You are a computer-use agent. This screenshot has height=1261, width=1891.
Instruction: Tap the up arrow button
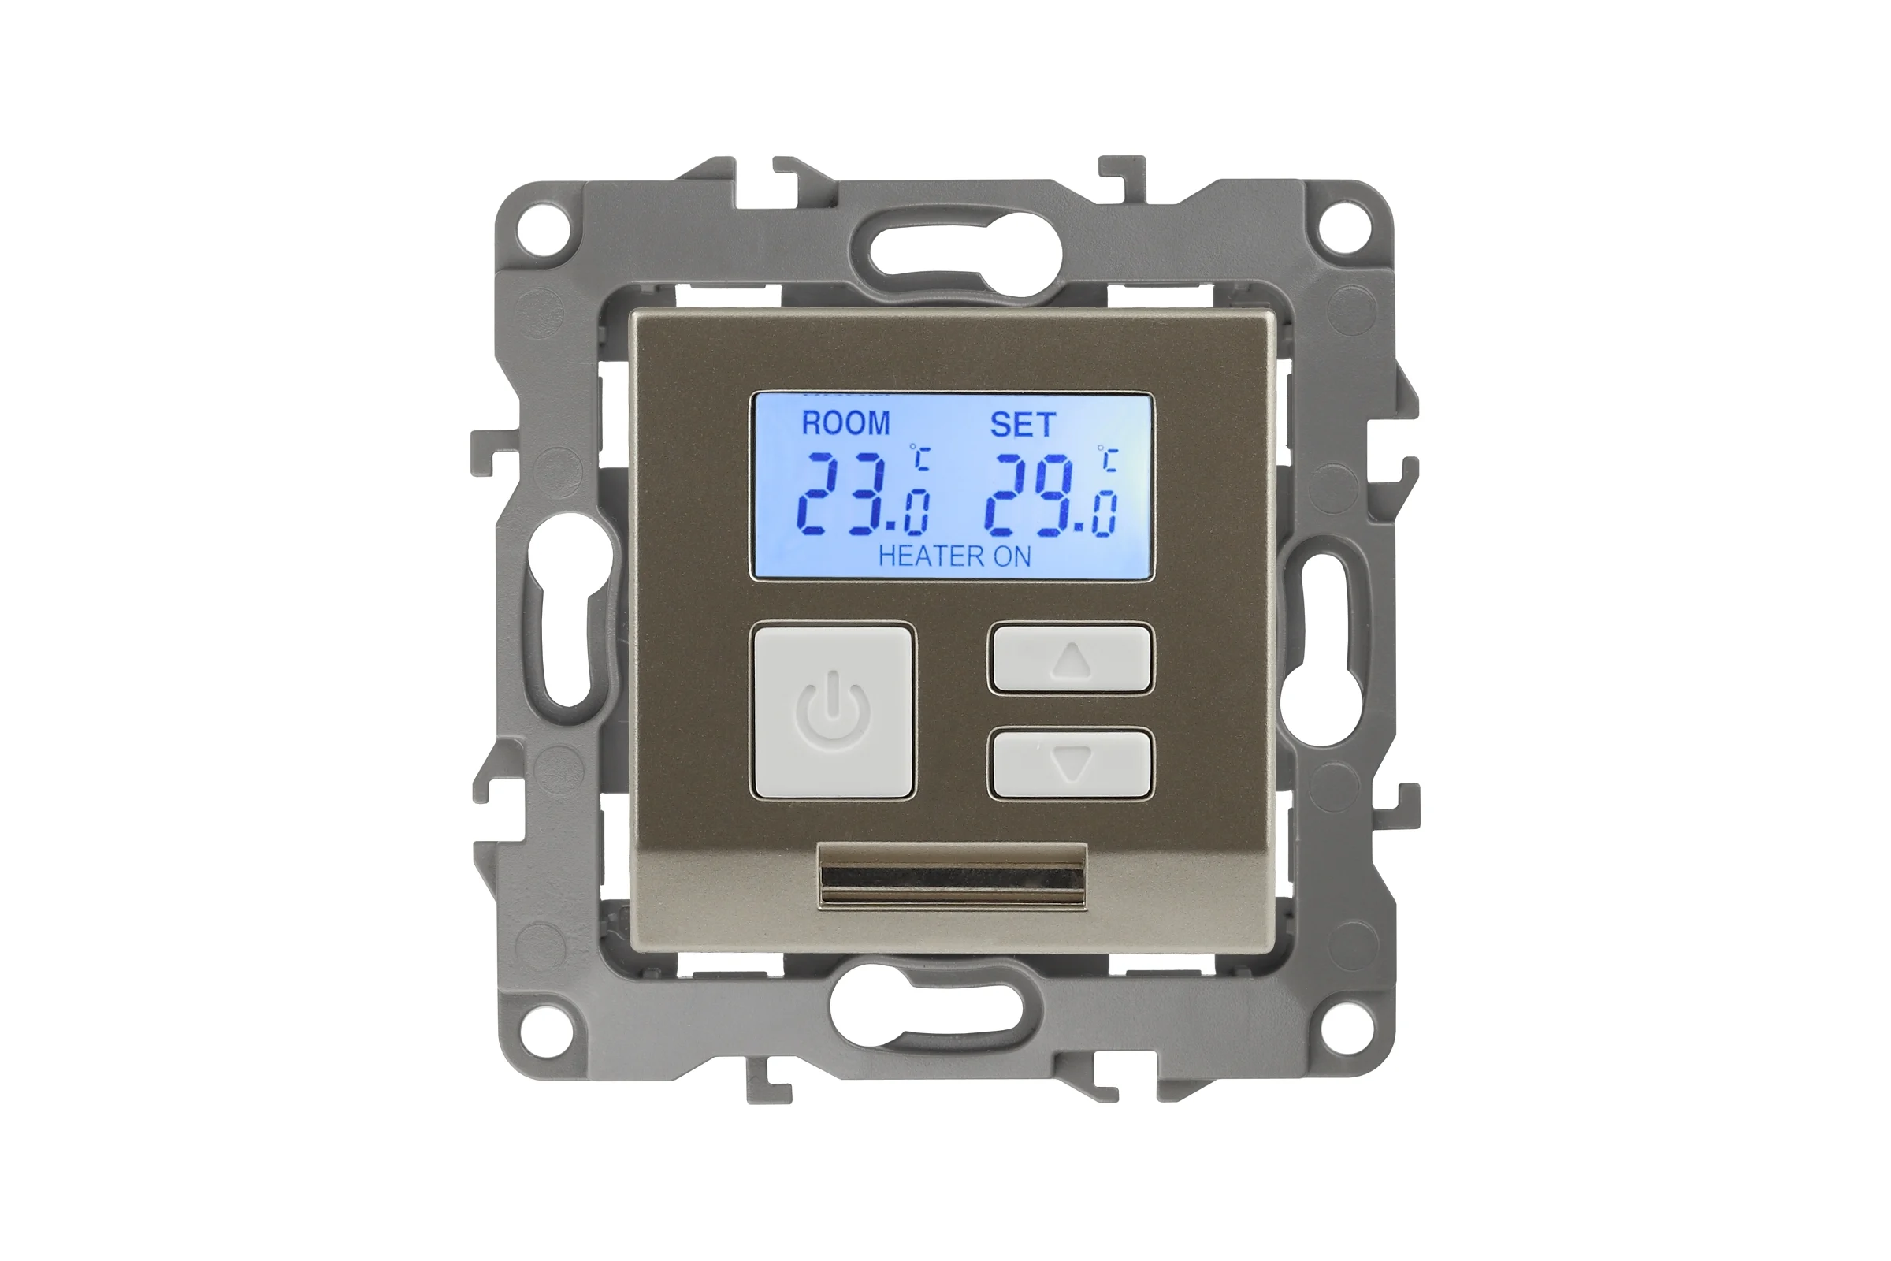pos(1071,659)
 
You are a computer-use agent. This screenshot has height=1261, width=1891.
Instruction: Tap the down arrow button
pos(1071,763)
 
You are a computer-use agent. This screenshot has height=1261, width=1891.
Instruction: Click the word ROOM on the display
pos(845,423)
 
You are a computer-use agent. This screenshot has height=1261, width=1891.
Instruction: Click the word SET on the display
pos(1022,425)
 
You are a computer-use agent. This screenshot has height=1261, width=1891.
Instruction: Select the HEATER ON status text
pos(954,556)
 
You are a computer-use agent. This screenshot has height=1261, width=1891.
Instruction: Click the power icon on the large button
pos(833,712)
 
